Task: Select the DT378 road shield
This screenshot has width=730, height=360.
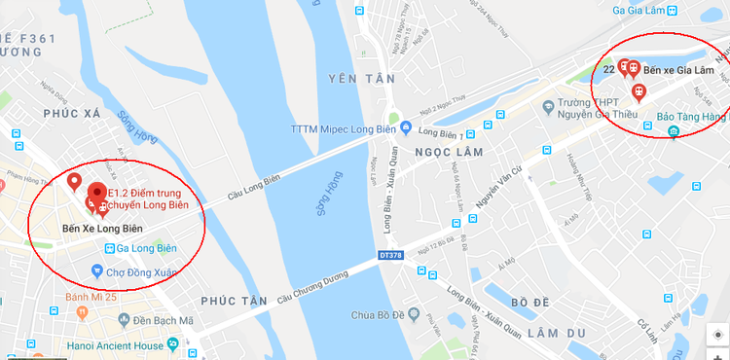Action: coord(391,256)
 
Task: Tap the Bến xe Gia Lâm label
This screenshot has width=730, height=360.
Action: coord(679,71)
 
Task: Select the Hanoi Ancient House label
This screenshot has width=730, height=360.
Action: coord(110,343)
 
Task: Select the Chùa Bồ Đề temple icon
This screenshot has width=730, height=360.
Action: coord(426,314)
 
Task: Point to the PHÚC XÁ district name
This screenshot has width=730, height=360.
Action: coord(73,113)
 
